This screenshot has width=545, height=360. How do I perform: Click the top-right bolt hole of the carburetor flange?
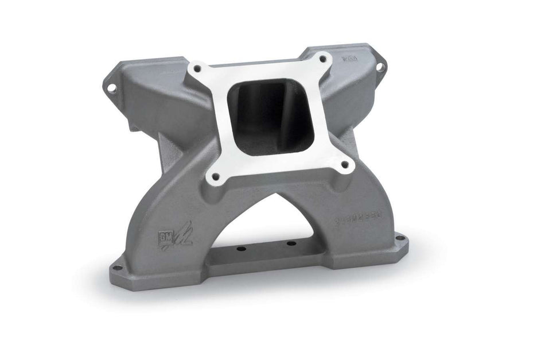pyautogui.click(x=322, y=60)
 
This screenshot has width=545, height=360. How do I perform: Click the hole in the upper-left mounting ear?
pyautogui.click(x=112, y=88)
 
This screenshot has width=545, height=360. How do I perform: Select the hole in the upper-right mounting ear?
pyautogui.click(x=379, y=67)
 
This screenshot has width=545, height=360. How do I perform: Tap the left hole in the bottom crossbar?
pyautogui.click(x=240, y=249)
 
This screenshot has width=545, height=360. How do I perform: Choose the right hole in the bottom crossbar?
pyautogui.click(x=291, y=243)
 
